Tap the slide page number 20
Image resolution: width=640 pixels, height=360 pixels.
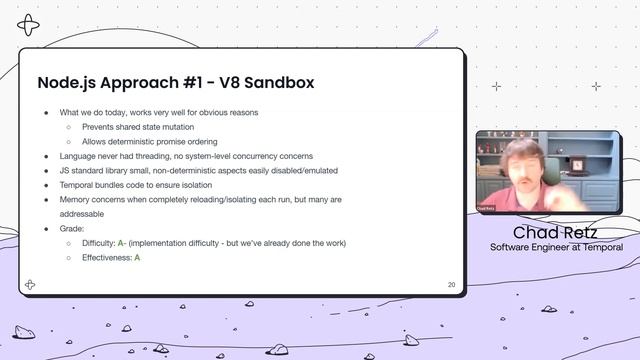[x=452, y=285]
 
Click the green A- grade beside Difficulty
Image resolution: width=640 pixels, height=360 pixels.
[x=121, y=243]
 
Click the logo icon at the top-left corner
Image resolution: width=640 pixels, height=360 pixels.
[x=31, y=24]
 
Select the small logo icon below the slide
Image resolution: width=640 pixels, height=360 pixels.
[x=31, y=285]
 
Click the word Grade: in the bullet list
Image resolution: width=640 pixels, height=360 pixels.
[x=72, y=229]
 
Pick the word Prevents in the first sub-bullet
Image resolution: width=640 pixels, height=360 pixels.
[x=98, y=127]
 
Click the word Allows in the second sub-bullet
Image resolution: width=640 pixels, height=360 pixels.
[x=94, y=142]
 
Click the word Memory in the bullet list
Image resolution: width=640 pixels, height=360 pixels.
[x=76, y=200]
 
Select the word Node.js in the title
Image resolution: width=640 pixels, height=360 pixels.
[x=66, y=83]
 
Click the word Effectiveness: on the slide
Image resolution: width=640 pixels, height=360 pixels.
[x=106, y=258]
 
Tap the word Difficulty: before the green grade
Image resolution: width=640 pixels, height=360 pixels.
[x=99, y=243]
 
